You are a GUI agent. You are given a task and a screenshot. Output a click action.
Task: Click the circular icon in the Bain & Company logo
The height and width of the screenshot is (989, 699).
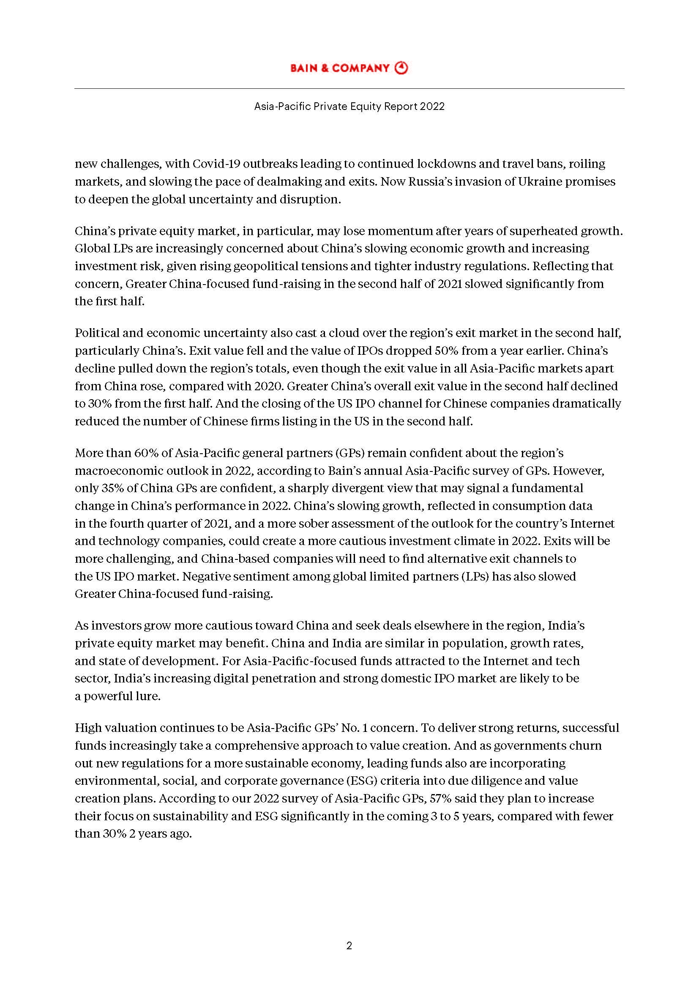[x=401, y=68]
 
